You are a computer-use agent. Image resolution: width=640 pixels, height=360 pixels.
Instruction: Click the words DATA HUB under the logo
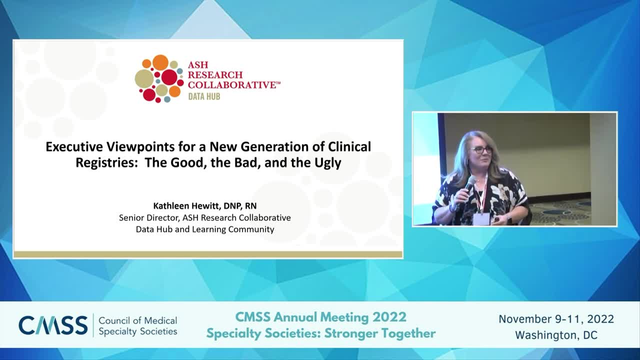[204, 97]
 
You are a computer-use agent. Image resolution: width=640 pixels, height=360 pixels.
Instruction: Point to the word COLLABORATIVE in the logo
[232, 85]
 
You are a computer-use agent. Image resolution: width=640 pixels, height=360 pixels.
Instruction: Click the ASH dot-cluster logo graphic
[159, 78]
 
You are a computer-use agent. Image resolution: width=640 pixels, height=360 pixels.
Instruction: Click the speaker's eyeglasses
[481, 149]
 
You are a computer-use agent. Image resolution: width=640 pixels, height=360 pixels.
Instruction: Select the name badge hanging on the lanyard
[481, 219]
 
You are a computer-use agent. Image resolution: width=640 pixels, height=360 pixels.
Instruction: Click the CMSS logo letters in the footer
[53, 325]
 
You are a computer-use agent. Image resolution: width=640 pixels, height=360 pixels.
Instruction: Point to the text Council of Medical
[137, 320]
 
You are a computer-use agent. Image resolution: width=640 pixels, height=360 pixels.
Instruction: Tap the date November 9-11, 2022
[556, 319]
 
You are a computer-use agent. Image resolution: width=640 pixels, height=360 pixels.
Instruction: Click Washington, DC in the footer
[556, 335]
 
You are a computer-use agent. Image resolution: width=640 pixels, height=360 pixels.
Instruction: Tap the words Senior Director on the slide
[149, 217]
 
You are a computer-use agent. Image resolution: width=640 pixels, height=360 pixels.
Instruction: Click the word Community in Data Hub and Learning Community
[247, 229]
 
